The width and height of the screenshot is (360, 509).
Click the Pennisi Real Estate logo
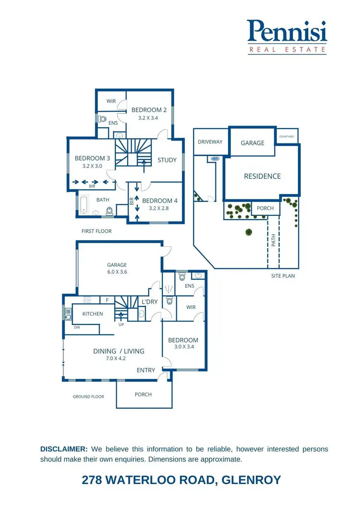(x=287, y=36)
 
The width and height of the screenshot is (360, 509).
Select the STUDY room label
(x=167, y=160)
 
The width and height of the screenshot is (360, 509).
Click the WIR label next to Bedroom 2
(x=111, y=101)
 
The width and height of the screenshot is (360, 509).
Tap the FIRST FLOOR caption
(x=96, y=231)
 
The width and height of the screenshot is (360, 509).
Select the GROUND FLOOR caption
(x=88, y=397)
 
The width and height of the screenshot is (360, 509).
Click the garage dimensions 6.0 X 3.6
(x=117, y=272)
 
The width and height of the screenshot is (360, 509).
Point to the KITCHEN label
(x=93, y=314)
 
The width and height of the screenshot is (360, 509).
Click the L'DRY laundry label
(x=150, y=302)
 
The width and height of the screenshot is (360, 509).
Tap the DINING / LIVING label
(x=119, y=351)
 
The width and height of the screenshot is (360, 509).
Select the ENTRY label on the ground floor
(x=146, y=370)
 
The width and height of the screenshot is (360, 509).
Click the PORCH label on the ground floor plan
(x=143, y=394)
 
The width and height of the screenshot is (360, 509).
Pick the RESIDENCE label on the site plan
(x=262, y=176)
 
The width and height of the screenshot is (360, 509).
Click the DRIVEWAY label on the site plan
(x=210, y=142)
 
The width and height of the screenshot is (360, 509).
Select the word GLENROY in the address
(x=251, y=480)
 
